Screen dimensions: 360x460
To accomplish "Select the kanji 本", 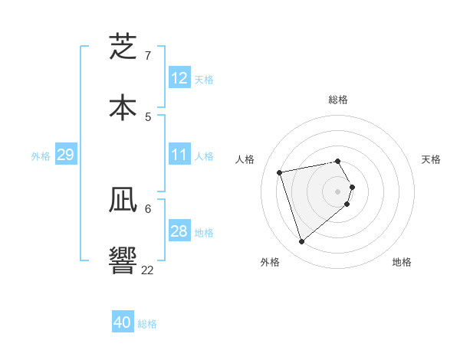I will [123, 106].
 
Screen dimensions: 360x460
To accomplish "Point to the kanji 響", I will [123, 260].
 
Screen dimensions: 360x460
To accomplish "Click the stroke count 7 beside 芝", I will [148, 56].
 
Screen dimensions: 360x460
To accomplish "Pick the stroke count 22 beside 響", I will [148, 269].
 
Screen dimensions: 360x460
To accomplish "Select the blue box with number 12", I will [179, 78].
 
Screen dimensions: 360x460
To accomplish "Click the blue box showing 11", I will [179, 155].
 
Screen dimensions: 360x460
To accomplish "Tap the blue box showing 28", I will [179, 231].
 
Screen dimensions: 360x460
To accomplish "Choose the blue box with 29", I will [65, 155].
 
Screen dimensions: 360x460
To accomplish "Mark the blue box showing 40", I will [123, 322].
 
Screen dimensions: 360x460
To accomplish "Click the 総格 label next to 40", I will [147, 324].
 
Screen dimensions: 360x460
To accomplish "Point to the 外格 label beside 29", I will [41, 156].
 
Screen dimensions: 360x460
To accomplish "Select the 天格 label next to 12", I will [204, 80].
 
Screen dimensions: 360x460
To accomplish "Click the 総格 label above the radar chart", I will [338, 100].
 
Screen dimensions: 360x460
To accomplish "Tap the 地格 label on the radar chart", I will [402, 262].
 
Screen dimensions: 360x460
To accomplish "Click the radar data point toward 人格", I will [280, 172].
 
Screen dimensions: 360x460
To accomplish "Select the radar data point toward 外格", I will [301, 242].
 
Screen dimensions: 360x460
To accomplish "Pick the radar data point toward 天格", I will [352, 187].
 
